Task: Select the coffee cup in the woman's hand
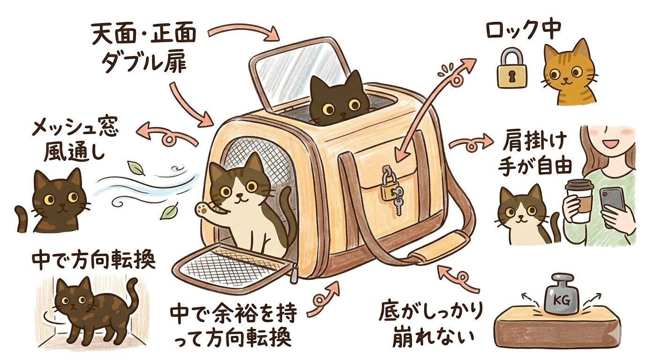[579, 200]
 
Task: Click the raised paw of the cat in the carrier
[203, 208]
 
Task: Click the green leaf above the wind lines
[135, 167]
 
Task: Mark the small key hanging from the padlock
[397, 202]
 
